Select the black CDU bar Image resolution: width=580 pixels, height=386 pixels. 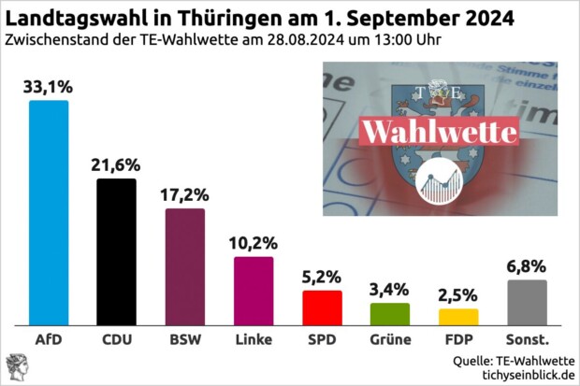[x=117, y=251]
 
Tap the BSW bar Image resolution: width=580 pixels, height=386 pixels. [x=185, y=266]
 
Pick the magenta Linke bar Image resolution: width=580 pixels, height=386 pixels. [x=254, y=290]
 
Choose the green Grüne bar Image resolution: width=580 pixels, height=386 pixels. [x=390, y=313]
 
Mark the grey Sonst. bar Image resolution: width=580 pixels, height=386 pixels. [x=527, y=302]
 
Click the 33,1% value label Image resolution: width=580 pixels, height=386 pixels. [x=49, y=88]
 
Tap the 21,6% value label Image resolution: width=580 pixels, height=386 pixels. [x=117, y=165]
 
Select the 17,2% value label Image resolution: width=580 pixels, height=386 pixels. [x=185, y=195]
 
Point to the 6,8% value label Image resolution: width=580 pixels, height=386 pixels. [x=527, y=266]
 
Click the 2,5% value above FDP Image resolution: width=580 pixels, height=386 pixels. [x=458, y=295]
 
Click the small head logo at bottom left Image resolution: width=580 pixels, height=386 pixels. [x=16, y=366]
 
